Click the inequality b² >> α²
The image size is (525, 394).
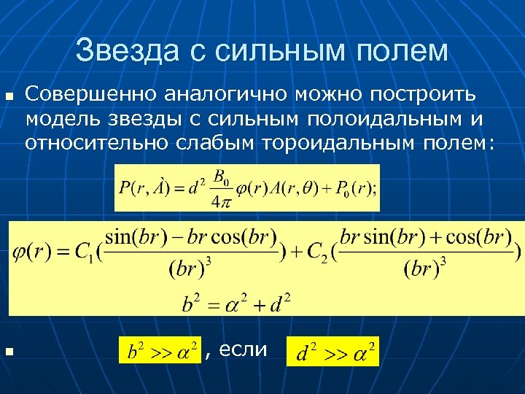click(158, 352)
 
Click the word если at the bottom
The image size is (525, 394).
click(244, 349)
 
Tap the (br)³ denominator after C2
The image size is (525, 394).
click(424, 269)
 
